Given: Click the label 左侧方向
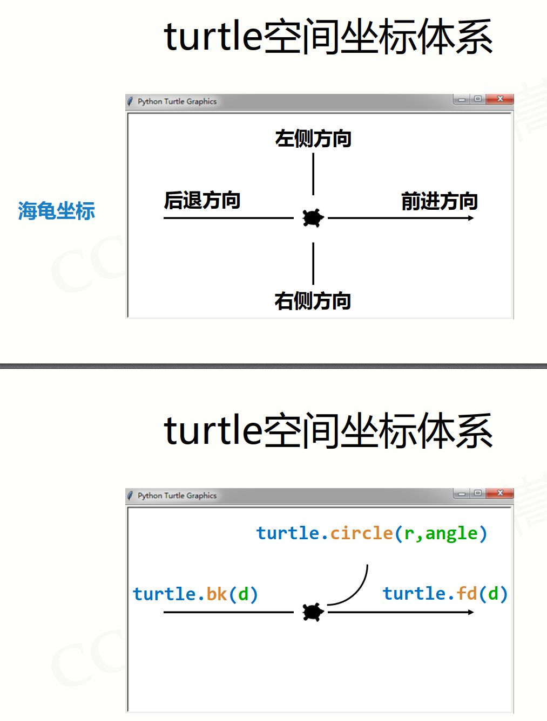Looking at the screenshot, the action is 313,139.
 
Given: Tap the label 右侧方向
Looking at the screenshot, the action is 313,301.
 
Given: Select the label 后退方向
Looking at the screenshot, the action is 202,200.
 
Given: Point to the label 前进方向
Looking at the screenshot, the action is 440,201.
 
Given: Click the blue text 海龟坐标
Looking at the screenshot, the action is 57,210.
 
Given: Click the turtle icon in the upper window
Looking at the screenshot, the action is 313,218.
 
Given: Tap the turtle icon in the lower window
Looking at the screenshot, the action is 313,612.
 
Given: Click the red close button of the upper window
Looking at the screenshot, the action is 500,99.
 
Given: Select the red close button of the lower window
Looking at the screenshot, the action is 500,493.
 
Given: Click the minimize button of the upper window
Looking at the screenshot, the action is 462,99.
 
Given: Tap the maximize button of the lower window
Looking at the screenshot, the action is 478,493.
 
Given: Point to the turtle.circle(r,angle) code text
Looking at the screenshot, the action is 372,533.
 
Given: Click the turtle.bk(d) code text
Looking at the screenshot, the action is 195,594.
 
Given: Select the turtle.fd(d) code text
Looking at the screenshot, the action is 445,593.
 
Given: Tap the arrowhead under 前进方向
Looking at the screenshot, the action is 471,218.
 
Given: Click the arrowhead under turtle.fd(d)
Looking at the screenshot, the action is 471,612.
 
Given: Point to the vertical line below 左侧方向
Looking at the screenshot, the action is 313,174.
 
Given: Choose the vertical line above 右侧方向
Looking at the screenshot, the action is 313,263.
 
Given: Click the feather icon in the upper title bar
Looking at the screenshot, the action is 130,101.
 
